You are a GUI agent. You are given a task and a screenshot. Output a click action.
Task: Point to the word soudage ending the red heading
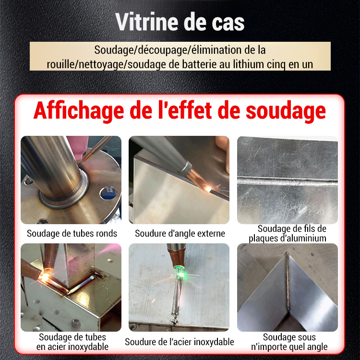click(286, 111)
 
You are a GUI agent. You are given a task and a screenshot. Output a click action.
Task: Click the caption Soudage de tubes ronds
click(72, 234)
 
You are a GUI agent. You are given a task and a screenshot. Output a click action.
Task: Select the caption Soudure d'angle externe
click(180, 234)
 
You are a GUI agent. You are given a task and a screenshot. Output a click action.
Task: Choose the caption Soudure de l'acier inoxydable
click(180, 342)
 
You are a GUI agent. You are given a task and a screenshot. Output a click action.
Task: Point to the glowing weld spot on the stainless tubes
click(47, 277)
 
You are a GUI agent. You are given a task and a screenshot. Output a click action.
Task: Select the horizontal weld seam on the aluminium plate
click(287, 181)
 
